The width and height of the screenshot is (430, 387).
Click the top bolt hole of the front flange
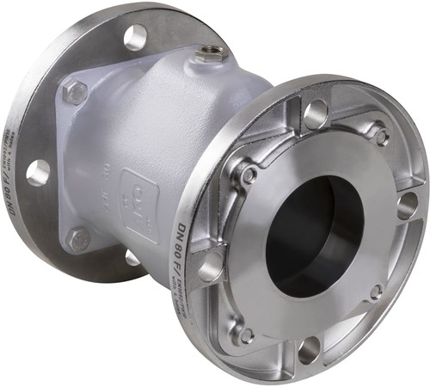pos(316,114)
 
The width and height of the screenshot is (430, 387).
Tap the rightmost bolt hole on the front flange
pos(407,205)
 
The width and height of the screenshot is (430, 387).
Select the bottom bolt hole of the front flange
pos(309,348)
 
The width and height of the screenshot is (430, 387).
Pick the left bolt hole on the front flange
pos(211,268)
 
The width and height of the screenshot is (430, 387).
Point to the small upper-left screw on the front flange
pos(249,174)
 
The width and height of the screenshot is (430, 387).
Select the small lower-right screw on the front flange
pos(376,292)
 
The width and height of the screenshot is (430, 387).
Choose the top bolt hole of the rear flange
pos(135,37)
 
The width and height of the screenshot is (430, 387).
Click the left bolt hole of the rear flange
pos(38,173)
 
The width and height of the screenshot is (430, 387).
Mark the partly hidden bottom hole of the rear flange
pos(132,256)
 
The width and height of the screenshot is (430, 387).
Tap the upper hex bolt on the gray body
pos(75,92)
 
